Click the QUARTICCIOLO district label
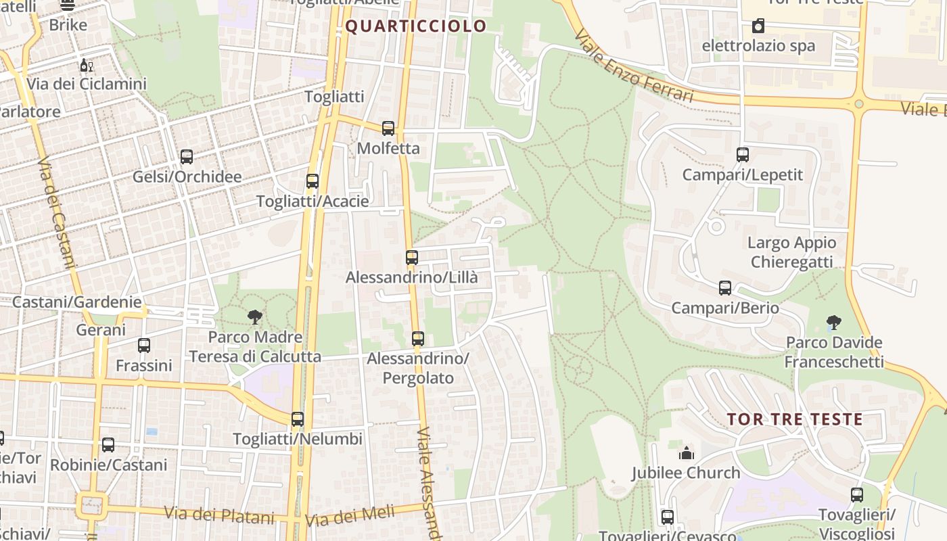[x=416, y=26]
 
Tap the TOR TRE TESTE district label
[x=795, y=419]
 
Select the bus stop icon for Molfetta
[x=388, y=128]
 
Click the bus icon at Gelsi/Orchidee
[x=187, y=157]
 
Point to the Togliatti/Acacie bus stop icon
[x=312, y=181]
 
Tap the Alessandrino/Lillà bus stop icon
[x=412, y=258]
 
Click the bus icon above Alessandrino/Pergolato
[x=418, y=339]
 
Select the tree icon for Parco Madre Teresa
[x=255, y=316]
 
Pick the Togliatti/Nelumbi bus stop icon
[x=298, y=419]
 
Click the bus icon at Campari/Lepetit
[x=743, y=155]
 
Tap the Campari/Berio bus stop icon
[x=725, y=288]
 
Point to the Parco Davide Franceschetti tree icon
[x=833, y=323]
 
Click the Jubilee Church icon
[x=687, y=453]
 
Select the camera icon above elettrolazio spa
[x=758, y=26]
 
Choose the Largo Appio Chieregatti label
[x=791, y=252]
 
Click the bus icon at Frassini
[x=144, y=346]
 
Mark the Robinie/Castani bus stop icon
[x=108, y=445]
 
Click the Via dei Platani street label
[x=221, y=515]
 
